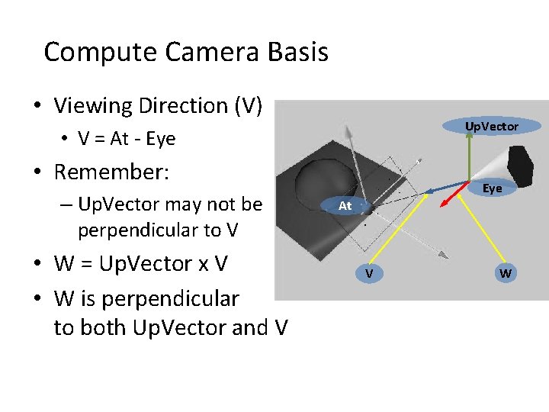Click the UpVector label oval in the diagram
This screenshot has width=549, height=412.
pyautogui.click(x=492, y=126)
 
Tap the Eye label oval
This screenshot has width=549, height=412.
pyautogui.click(x=492, y=188)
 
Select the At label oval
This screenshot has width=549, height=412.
pyautogui.click(x=345, y=206)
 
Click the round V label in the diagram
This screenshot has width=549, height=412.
pyautogui.click(x=368, y=273)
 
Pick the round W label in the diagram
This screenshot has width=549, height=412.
pyautogui.click(x=505, y=273)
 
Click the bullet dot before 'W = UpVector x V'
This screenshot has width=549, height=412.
pyautogui.click(x=37, y=264)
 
